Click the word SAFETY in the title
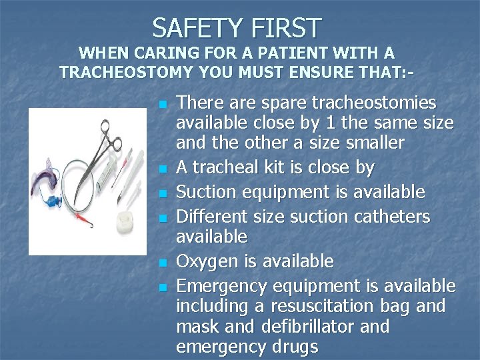pyautogui.click(x=195, y=28)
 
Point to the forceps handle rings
pyautogui.click(x=111, y=131)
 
